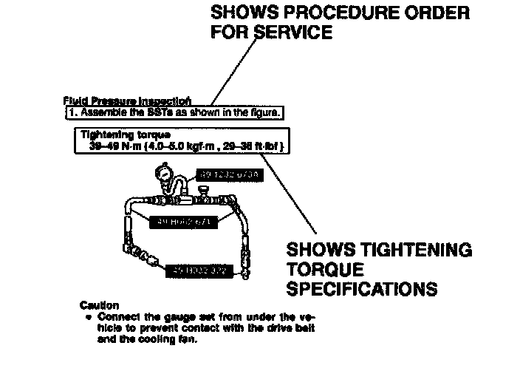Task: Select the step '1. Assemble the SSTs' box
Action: click(173, 113)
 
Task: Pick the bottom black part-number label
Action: click(201, 271)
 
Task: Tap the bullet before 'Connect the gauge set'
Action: click(89, 316)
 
